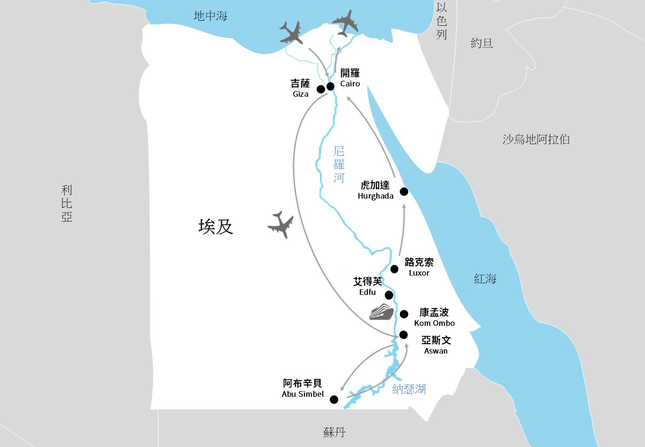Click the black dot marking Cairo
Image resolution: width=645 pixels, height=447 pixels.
(330, 86)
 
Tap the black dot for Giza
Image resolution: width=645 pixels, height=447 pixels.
(321, 89)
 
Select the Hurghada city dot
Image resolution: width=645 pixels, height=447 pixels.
(404, 192)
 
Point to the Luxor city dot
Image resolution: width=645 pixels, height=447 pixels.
(395, 269)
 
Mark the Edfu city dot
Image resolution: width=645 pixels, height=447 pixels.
(389, 295)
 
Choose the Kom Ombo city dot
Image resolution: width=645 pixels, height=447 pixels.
(404, 314)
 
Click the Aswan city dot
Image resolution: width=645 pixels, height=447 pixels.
(403, 335)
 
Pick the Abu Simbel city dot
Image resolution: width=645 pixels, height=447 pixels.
(334, 400)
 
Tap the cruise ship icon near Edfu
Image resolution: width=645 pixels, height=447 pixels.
(381, 312)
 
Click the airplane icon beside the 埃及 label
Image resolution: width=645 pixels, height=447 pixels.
(281, 224)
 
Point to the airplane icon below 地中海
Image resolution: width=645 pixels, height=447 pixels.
(291, 33)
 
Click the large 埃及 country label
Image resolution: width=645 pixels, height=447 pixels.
(216, 227)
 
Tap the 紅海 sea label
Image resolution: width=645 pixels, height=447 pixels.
(485, 279)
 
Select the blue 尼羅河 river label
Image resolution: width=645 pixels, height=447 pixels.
(339, 164)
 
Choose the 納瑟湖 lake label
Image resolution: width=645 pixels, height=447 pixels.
(409, 389)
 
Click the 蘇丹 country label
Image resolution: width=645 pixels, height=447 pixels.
(334, 432)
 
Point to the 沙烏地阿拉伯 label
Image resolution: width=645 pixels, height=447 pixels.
(536, 139)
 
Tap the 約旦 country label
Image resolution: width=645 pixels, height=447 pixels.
(482, 43)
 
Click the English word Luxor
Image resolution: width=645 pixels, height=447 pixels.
(419, 273)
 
